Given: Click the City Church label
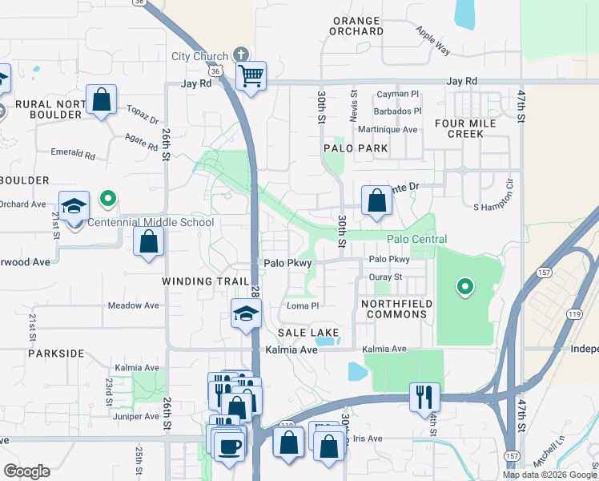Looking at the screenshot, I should tap(200, 56).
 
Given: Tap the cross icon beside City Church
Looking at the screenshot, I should tap(239, 56).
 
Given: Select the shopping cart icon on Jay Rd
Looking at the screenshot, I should tap(251, 77).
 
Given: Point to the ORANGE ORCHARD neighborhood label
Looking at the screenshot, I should tap(356, 25).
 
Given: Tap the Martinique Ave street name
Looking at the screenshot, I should tap(388, 129).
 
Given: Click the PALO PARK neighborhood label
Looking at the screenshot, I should tap(356, 148).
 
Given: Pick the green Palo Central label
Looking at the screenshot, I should tap(416, 239).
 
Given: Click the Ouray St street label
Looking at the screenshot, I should tap(384, 277).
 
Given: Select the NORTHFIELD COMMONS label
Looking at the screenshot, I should tap(396, 309).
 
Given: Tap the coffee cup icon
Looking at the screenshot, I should tap(229, 445).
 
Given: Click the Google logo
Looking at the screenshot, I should tap(26, 471).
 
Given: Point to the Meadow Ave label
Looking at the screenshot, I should tap(133, 305).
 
